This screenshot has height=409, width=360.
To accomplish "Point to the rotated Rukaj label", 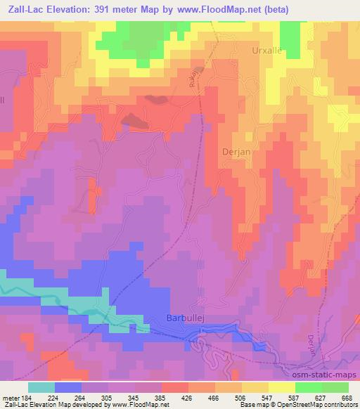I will pos(192,73).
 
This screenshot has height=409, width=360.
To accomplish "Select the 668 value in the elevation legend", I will pos(347,398).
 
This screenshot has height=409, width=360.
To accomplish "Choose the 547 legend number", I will pos(268,398).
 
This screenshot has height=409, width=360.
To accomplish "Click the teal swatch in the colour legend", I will pos(41,387).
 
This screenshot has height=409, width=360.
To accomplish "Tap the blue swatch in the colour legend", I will pos(68,387).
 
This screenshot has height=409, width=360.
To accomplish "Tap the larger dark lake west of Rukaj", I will pos(134,121).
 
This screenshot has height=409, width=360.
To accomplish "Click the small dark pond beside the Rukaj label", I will pos(158,99).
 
